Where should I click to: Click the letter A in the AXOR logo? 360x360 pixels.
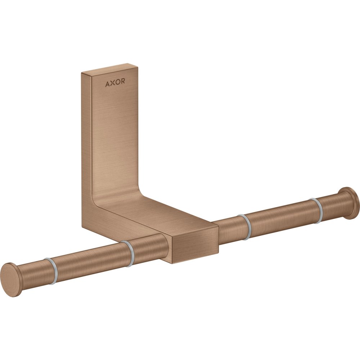pos(107,84)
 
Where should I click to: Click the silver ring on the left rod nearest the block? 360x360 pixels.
pos(128,254)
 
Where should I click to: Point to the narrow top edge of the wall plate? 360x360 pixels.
pos(110,69)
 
